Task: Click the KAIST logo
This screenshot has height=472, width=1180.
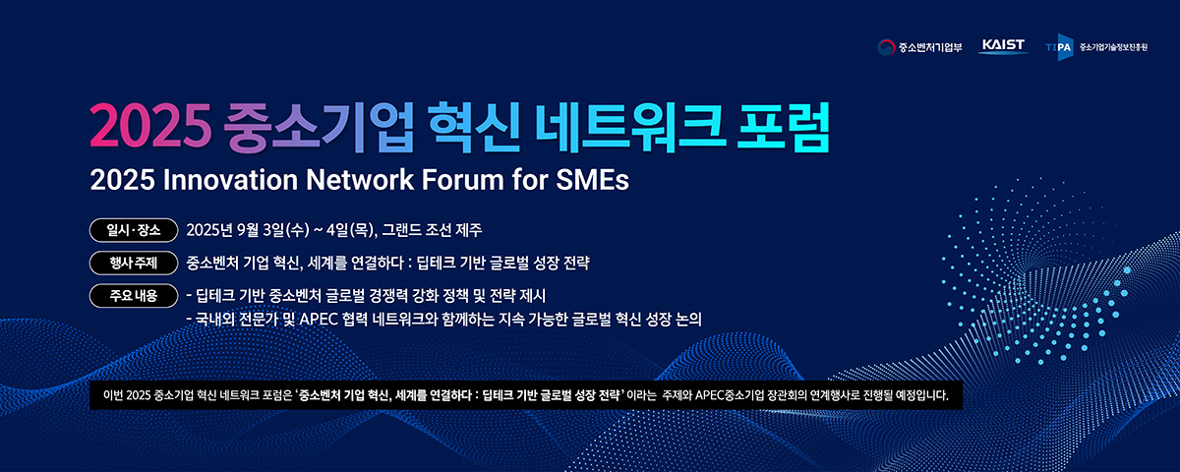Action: [1004, 46]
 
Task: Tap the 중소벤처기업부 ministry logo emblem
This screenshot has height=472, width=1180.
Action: [886, 47]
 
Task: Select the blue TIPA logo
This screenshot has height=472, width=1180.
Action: [1059, 47]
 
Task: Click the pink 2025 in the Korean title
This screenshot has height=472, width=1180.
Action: [150, 127]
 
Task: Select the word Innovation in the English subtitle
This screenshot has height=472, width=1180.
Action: [230, 180]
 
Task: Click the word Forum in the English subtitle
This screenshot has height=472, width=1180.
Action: [462, 180]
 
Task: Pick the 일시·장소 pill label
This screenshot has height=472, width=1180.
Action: [134, 230]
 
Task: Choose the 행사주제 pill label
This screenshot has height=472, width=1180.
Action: [134, 263]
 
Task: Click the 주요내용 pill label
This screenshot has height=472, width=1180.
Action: [134, 296]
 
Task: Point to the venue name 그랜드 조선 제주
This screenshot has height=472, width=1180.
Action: [432, 230]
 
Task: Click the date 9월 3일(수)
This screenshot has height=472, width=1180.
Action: [273, 230]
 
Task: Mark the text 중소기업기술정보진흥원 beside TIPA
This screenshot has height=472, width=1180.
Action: [1113, 47]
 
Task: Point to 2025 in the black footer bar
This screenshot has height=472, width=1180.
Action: [139, 395]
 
